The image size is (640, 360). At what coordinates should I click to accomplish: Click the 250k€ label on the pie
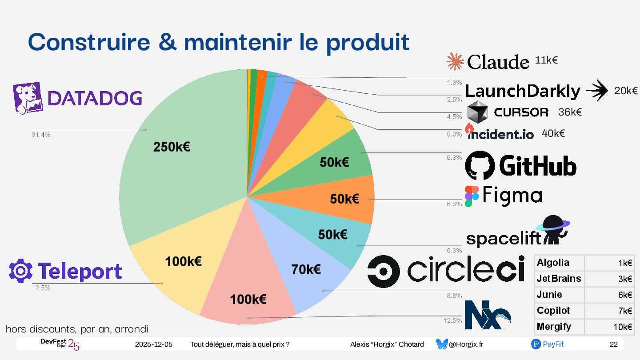click(172, 147)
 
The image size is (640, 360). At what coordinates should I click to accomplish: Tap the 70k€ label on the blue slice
click(306, 269)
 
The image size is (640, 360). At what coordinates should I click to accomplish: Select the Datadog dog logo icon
click(28, 96)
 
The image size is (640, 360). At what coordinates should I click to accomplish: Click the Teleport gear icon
click(20, 271)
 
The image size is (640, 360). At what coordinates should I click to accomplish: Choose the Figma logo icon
click(472, 196)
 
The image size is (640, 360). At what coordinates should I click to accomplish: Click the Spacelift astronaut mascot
click(553, 228)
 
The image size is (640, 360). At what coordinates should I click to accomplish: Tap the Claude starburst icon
click(455, 62)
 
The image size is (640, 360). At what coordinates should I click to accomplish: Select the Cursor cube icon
click(478, 112)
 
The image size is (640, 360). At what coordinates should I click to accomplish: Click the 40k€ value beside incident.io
click(553, 133)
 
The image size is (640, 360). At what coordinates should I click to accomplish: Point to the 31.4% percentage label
click(41, 135)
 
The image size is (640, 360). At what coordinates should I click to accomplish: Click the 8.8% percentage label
click(454, 295)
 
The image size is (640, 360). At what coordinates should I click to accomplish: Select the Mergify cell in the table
click(554, 327)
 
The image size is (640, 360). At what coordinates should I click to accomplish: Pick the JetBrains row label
click(559, 279)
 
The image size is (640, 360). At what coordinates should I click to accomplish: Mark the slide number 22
click(613, 344)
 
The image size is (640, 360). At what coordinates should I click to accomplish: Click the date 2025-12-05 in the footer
click(154, 344)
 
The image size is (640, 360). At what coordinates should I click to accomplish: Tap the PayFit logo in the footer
click(547, 344)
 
